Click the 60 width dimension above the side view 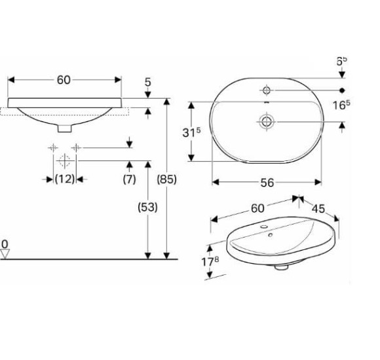[x=64, y=81]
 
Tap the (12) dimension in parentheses [x=64, y=179]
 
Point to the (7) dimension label [x=129, y=179]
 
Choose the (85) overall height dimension [x=168, y=179]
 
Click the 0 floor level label [x=5, y=244]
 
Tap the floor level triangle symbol [x=5, y=255]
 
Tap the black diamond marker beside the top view [x=341, y=89]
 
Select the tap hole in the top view [x=267, y=89]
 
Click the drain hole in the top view [x=267, y=121]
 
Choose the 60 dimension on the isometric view [x=257, y=207]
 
